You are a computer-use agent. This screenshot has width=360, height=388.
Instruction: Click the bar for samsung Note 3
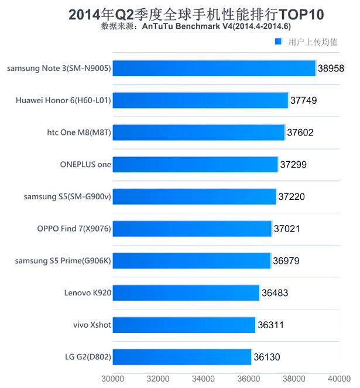(214, 69)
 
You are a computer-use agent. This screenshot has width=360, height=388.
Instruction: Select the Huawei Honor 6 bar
(200, 100)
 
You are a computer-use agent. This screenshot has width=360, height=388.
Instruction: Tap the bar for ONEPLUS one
(195, 165)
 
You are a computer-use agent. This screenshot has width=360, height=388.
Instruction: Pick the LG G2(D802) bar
(181, 356)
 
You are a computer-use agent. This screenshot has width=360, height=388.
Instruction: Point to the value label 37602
(300, 132)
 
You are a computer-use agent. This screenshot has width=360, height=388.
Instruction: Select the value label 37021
(286, 229)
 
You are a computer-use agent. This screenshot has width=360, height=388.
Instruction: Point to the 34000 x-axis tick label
(203, 378)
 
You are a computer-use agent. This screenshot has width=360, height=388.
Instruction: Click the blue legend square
(279, 42)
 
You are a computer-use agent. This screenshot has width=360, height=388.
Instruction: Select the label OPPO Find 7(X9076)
(74, 229)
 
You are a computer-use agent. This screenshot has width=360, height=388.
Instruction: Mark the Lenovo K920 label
(88, 292)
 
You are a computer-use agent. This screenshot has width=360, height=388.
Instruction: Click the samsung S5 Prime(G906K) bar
(191, 260)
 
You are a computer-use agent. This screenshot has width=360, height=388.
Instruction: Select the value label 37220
(292, 197)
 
